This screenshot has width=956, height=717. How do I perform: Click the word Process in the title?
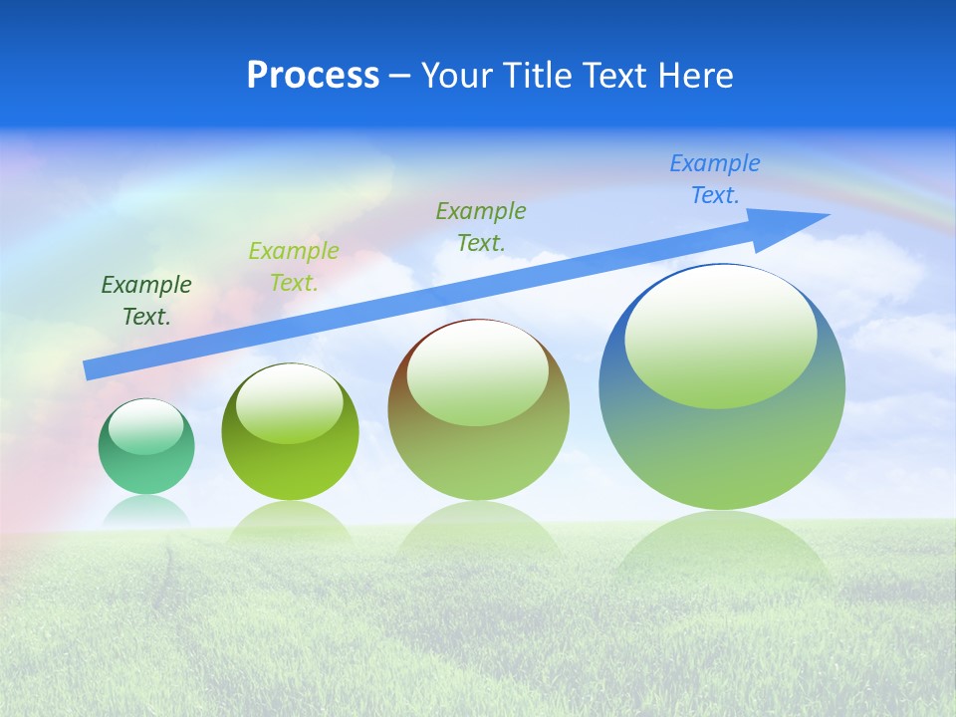(313, 76)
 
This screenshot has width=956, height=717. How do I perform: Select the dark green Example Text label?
(146, 301)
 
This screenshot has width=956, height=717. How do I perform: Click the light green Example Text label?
(294, 267)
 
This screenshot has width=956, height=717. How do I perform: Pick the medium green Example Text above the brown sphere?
(481, 227)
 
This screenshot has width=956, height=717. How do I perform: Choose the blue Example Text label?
(715, 179)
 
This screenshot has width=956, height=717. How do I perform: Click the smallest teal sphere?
(146, 468)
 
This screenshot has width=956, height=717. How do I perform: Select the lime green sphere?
(290, 468)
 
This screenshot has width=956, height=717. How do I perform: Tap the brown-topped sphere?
(478, 458)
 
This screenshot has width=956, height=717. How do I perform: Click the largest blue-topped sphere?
(722, 448)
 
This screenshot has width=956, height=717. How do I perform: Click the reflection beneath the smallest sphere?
(146, 511)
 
